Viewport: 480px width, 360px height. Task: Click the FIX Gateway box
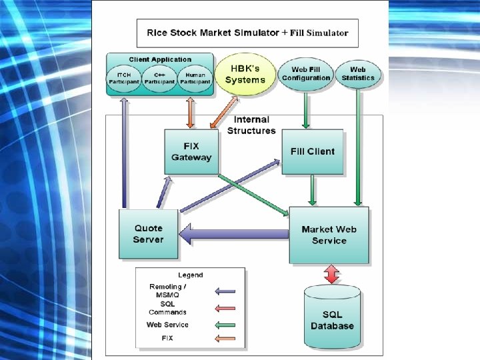click(191, 152)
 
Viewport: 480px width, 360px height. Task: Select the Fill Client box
click(312, 152)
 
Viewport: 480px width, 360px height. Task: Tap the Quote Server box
click(148, 234)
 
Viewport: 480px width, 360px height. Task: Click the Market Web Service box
click(329, 235)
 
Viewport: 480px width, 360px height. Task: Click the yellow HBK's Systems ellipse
click(245, 74)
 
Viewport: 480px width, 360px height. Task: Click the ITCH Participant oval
click(124, 79)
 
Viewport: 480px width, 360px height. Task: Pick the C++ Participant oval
click(159, 79)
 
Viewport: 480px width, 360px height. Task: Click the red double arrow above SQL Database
click(331, 274)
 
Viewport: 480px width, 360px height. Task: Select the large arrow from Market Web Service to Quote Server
click(233, 234)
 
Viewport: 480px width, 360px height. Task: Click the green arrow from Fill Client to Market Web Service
click(313, 190)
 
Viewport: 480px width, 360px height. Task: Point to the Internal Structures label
click(251, 125)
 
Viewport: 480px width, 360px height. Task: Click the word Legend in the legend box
click(190, 275)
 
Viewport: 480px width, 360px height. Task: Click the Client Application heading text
click(160, 60)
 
